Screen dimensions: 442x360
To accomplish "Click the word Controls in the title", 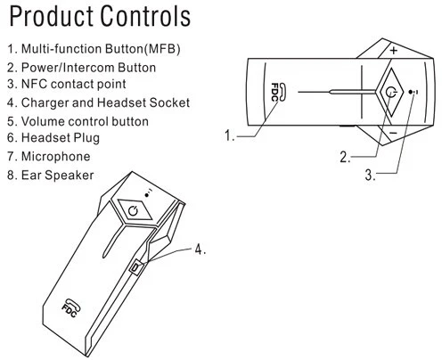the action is click(145, 16).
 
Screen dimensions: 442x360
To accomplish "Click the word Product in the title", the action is click(51, 16).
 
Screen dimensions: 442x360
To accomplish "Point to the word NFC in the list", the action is click(34, 84).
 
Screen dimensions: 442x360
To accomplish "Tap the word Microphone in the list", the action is click(56, 157).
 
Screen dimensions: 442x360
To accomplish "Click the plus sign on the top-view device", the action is click(394, 50).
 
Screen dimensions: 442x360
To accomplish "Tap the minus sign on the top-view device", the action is click(393, 133).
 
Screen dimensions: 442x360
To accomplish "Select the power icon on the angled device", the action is click(133, 210).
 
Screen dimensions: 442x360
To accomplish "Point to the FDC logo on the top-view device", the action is click(278, 93).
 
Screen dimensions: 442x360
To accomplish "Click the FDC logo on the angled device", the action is click(71, 307).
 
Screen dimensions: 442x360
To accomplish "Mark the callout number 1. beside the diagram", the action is click(229, 135).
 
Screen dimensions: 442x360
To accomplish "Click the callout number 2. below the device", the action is click(345, 157).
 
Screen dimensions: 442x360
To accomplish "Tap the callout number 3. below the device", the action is click(370, 175).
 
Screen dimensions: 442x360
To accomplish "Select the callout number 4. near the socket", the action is click(201, 250).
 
